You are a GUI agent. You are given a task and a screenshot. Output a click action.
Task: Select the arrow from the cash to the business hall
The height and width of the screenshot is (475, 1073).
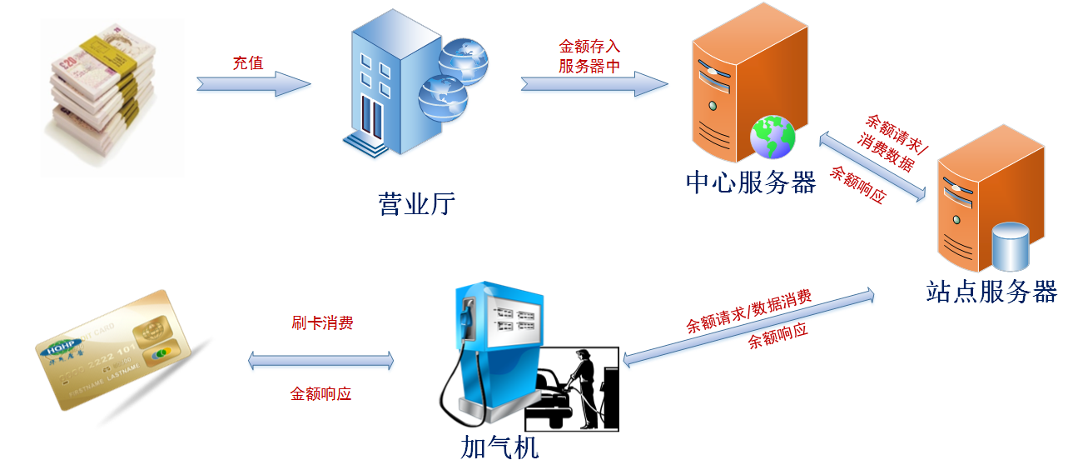click(253, 85)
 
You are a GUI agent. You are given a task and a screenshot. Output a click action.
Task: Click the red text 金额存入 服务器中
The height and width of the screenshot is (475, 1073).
click(589, 56)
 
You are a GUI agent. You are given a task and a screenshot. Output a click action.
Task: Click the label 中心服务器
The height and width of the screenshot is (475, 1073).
click(749, 182)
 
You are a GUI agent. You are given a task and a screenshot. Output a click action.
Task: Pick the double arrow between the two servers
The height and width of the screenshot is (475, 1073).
click(871, 167)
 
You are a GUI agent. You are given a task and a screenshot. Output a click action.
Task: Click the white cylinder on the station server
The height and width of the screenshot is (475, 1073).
click(1011, 247)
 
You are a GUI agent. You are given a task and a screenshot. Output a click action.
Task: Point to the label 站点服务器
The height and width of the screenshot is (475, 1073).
click(991, 292)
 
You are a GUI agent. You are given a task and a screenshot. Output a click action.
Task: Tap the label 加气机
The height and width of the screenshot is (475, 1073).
click(499, 448)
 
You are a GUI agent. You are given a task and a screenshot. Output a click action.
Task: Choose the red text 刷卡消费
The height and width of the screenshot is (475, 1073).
click(322, 323)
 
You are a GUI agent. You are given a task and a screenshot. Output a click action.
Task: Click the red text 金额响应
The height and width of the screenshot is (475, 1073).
click(320, 393)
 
